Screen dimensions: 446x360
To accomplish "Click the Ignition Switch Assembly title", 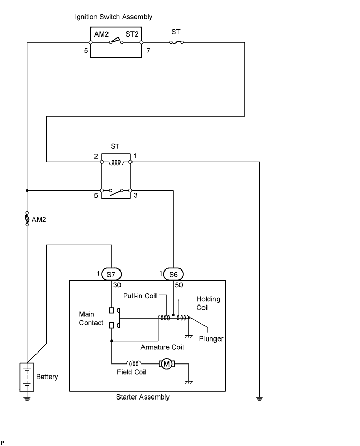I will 114,17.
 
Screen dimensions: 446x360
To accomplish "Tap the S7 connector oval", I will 111,274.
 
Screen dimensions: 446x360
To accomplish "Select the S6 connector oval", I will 173,274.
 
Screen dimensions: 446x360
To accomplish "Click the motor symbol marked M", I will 167,363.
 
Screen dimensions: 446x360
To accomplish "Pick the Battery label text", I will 47,377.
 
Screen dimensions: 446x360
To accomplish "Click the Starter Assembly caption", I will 142,397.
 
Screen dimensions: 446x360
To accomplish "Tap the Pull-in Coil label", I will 140,296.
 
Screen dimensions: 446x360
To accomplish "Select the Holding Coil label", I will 208,303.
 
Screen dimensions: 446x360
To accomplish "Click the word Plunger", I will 211,338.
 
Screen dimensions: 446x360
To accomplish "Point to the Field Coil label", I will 131,372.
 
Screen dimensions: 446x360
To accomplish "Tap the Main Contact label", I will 91,319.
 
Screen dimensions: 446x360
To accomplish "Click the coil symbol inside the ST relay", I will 116,162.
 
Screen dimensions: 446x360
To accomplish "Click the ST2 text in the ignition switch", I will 132,34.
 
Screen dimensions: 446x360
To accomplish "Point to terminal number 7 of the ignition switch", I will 147,51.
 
